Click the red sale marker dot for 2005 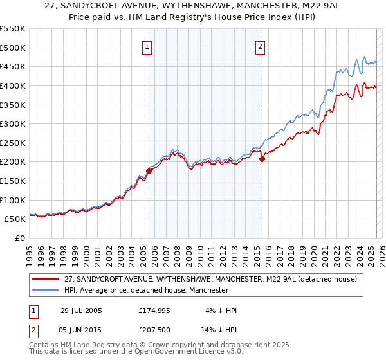click(149, 171)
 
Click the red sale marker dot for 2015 click(262, 159)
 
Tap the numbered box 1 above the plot click(147, 46)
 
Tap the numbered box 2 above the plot click(261, 46)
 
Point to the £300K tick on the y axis click(13, 123)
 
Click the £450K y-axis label click(13, 66)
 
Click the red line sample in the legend click(45, 279)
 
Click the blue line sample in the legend click(45, 290)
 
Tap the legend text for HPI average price click(146, 290)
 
